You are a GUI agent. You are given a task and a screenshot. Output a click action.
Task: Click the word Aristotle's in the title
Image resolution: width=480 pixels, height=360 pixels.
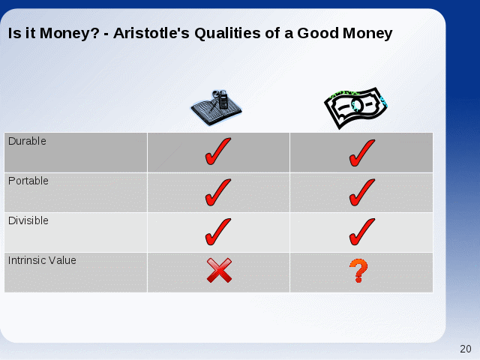point(151,33)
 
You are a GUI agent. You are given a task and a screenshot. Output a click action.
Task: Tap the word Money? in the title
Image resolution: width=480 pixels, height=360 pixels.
point(70,33)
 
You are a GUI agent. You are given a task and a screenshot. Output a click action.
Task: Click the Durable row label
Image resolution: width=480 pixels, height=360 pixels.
point(27,141)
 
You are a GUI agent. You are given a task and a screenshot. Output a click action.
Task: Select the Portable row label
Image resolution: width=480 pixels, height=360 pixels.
point(28,181)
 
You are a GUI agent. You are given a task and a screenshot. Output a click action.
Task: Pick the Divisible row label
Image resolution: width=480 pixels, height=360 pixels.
point(28,220)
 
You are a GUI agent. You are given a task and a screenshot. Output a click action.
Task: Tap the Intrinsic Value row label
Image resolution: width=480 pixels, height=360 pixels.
point(42,260)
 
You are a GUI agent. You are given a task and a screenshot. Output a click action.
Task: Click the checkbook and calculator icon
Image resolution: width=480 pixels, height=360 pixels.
point(217,107)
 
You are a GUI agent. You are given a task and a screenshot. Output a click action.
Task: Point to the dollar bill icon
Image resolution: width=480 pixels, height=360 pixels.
point(355,108)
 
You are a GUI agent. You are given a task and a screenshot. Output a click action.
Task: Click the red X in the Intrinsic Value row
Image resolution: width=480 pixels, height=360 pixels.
point(219,270)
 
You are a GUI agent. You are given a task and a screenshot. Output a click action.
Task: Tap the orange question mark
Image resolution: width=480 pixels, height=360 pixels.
point(358,271)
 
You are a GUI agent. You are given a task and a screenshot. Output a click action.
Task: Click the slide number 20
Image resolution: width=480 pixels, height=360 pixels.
point(466,349)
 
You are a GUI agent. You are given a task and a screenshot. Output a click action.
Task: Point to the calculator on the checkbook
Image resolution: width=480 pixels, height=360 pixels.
point(223,100)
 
